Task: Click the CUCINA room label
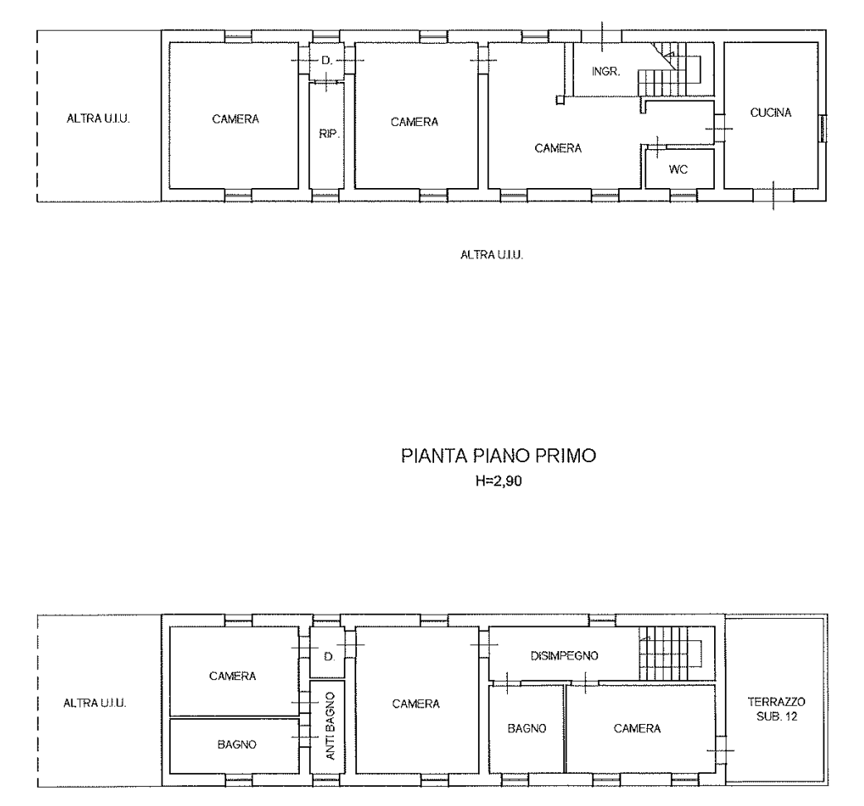click(771, 113)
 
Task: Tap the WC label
click(678, 169)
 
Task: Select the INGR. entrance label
click(606, 71)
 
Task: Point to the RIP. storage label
click(328, 133)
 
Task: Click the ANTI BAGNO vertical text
click(330, 726)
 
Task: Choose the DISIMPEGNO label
click(564, 655)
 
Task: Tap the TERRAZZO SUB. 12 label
click(776, 709)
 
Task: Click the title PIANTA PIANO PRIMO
click(499, 456)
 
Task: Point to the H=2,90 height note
click(499, 481)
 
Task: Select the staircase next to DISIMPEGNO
click(671, 654)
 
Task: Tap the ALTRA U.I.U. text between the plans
click(491, 254)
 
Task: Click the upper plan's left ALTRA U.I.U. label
click(98, 118)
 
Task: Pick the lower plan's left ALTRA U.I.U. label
click(94, 703)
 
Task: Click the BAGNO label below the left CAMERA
click(237, 745)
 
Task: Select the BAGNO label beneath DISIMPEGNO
click(527, 728)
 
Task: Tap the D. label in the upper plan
click(326, 60)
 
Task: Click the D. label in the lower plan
click(329, 656)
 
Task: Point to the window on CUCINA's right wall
click(823, 128)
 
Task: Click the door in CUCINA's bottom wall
click(774, 195)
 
